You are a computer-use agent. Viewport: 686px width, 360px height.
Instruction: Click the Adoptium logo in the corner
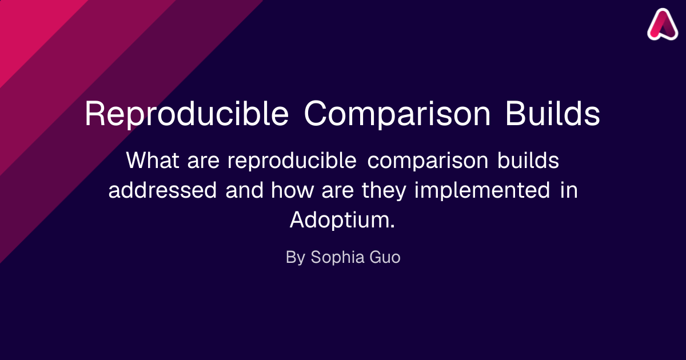pos(663,24)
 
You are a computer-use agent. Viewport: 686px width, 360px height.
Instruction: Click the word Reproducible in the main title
pos(186,114)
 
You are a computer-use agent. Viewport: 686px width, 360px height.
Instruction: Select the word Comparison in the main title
pos(397,114)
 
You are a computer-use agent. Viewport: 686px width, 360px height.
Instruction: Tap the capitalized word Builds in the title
pos(552,113)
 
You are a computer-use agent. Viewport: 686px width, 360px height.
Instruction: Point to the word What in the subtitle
pos(153,160)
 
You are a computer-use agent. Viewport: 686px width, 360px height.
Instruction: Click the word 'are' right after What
pos(204,162)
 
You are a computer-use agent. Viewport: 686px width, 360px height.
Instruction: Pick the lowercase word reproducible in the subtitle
pos(292,161)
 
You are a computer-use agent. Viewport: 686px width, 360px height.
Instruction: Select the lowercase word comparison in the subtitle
pos(428,161)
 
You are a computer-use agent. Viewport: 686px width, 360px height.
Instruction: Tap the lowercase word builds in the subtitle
pos(528,160)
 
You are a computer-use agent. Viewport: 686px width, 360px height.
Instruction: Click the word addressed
pos(162,190)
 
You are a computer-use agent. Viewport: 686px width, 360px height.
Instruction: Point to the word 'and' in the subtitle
pos(245,190)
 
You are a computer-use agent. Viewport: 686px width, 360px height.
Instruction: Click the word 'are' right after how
pos(338,192)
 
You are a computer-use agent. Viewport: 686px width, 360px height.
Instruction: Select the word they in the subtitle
pos(384,191)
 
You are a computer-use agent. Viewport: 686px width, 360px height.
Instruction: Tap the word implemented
pos(482,191)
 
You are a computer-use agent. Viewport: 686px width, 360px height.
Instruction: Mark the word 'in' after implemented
pos(569,190)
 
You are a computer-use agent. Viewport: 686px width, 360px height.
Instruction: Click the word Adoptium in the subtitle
pos(342,221)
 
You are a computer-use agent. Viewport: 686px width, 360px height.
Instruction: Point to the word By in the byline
pos(296,258)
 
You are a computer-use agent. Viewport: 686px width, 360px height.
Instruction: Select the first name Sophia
pos(337,258)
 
